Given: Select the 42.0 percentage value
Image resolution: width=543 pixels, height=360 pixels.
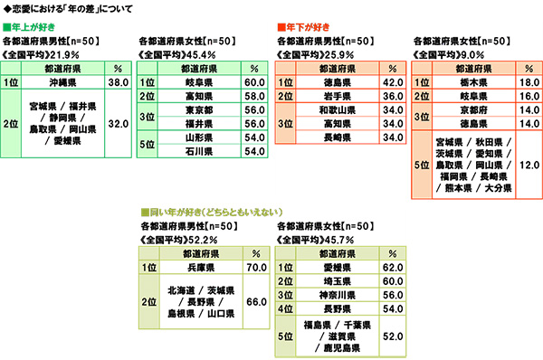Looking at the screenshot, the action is click(391, 80).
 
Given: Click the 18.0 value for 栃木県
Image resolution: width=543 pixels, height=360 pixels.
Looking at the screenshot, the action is click(527, 80).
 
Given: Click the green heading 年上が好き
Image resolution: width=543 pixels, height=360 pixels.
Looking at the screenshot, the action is click(32, 26).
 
